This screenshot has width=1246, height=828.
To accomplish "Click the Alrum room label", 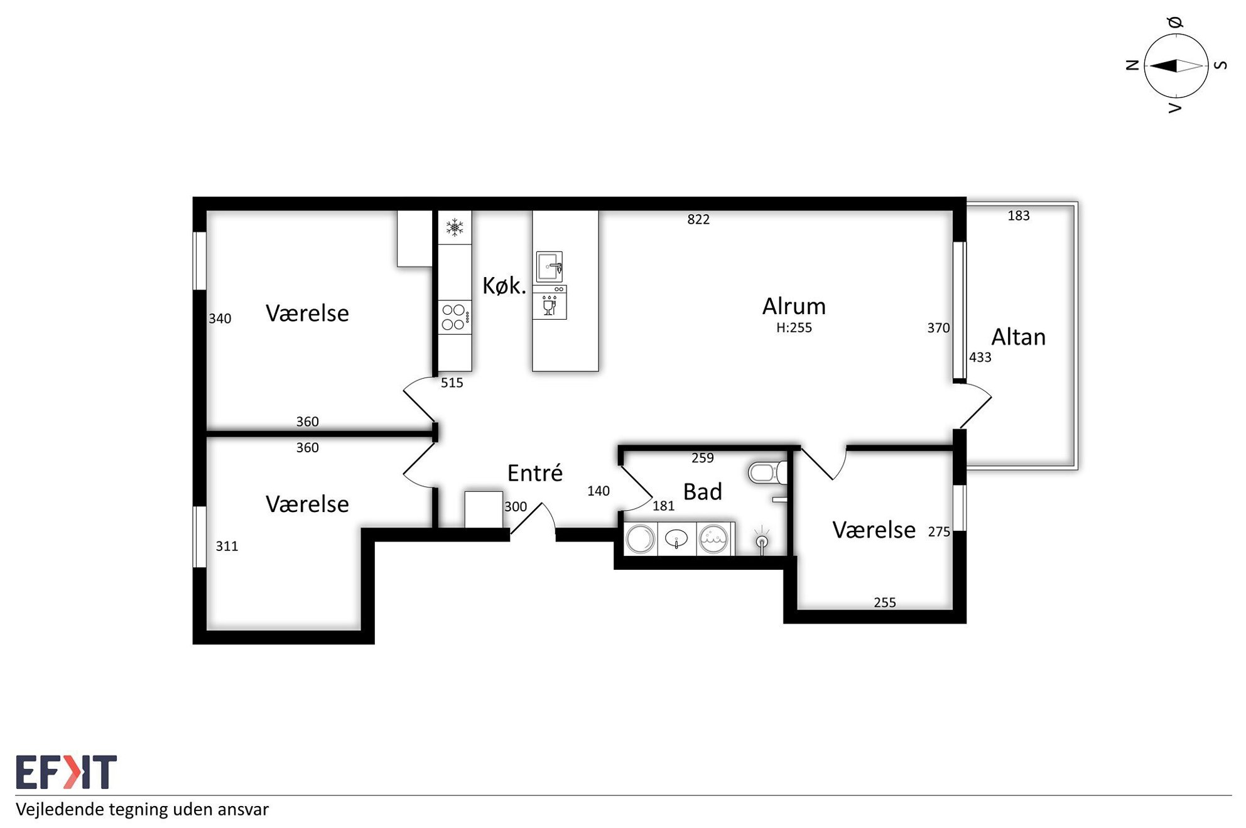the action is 794,307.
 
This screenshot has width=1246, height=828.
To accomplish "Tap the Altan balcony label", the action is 1018,337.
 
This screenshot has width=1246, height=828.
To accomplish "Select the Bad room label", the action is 702,492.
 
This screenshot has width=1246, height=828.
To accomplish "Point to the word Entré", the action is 534,472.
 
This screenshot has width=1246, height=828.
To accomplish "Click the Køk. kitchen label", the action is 504,286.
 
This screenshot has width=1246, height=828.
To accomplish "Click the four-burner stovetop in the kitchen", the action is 454,317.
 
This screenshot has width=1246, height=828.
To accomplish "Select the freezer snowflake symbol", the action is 455,227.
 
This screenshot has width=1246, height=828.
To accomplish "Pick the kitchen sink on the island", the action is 550,266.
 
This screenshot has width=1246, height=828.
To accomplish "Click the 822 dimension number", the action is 698,219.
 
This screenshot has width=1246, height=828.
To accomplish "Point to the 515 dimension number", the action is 452,383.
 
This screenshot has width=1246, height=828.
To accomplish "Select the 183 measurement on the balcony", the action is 1019,215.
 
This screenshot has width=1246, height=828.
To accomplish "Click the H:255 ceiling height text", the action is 794,328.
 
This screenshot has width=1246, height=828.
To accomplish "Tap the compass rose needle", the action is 1176,65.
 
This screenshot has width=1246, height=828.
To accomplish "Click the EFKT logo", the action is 66,771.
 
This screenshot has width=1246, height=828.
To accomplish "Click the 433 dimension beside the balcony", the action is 980,357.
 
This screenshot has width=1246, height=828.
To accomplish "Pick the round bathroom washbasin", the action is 676,539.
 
